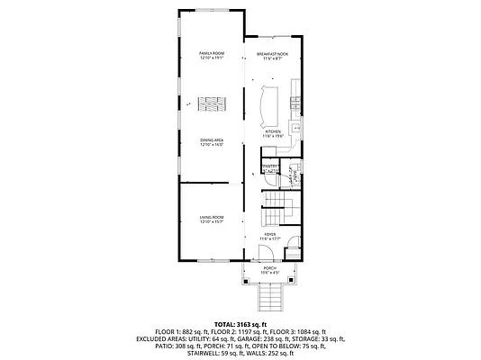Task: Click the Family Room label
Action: point(212,57)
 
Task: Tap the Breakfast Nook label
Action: point(272,57)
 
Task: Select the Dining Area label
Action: point(212,141)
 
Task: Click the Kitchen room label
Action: point(273,133)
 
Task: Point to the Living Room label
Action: point(212,220)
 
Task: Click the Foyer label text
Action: point(270,236)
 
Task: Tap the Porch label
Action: point(269,270)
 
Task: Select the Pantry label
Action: point(269,167)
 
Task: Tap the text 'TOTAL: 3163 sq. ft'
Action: point(240,323)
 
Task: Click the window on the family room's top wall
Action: point(212,11)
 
